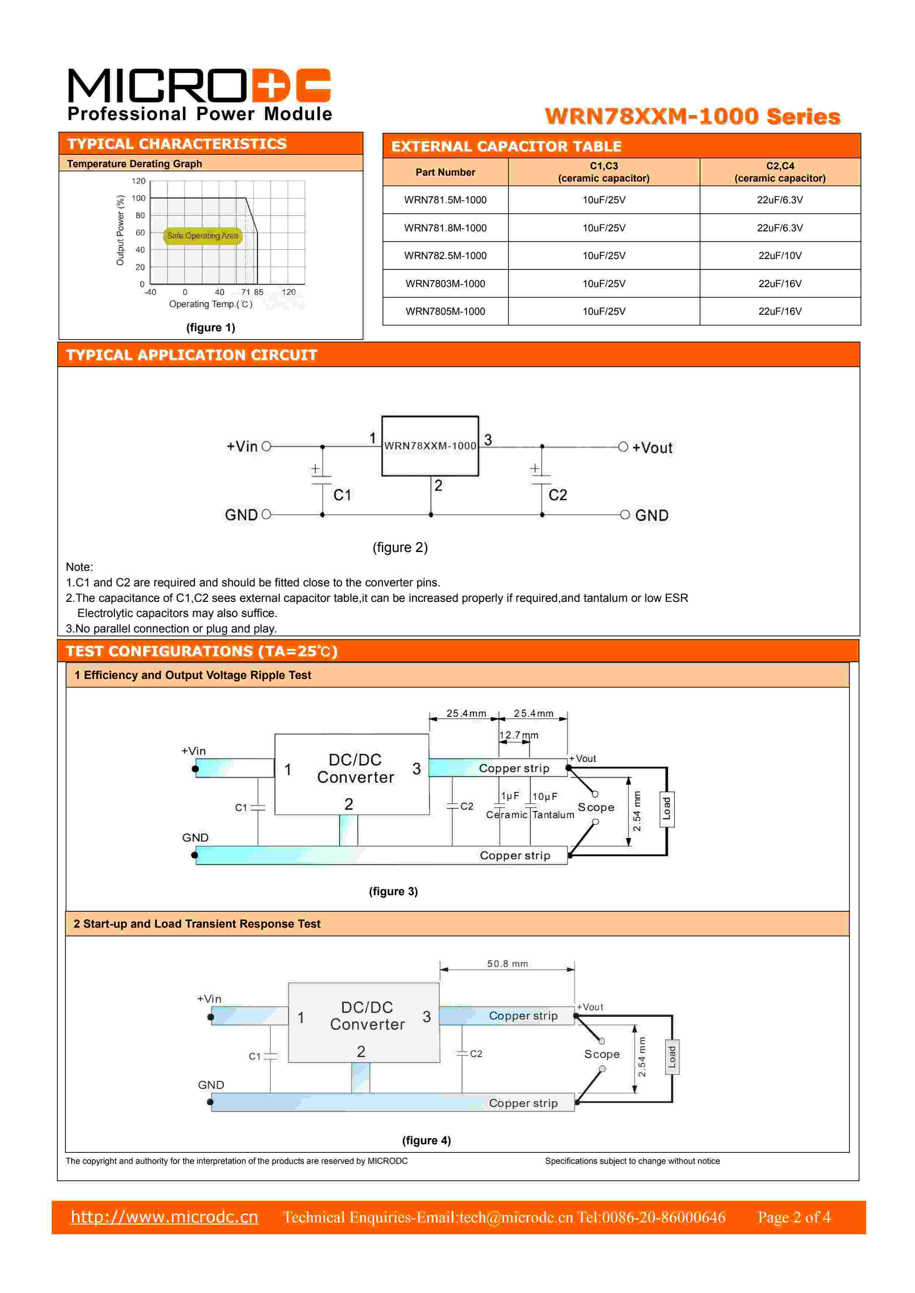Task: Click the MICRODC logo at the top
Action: pyautogui.click(x=199, y=94)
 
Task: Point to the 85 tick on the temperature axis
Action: pyautogui.click(x=259, y=292)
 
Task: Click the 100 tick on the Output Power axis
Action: pyautogui.click(x=139, y=198)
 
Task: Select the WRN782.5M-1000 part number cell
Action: pyautogui.click(x=445, y=256)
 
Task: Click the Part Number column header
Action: pyautogui.click(x=445, y=172)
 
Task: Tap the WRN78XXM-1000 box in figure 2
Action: pyautogui.click(x=430, y=446)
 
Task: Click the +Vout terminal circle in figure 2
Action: pyautogui.click(x=623, y=447)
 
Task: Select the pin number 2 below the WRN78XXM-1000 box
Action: pyautogui.click(x=438, y=486)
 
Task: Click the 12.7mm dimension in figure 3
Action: pyautogui.click(x=518, y=735)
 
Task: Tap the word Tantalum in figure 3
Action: pyautogui.click(x=553, y=815)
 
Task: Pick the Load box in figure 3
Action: pyautogui.click(x=667, y=809)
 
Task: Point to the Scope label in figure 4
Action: pyautogui.click(x=602, y=1054)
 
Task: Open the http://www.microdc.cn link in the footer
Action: pyautogui.click(x=165, y=1217)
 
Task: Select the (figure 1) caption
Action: pyautogui.click(x=211, y=328)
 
